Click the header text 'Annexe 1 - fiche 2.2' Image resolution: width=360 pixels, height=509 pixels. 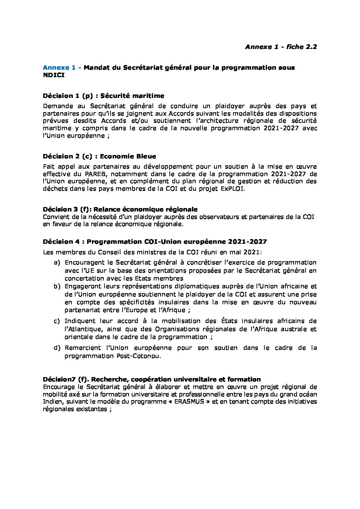coord(281,47)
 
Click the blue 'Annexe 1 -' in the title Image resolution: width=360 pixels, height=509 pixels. coord(62,67)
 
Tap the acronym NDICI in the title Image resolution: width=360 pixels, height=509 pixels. coord(53,75)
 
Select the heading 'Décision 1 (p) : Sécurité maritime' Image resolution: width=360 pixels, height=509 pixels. coord(103,96)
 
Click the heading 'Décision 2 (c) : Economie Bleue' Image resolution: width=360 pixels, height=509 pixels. coord(99,156)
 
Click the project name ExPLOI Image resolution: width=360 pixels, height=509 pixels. coord(232,189)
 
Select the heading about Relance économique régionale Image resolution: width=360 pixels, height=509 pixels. coord(120,209)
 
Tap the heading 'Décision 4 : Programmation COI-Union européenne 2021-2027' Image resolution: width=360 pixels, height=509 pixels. coord(155,242)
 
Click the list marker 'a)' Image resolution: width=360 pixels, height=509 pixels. coord(56,263)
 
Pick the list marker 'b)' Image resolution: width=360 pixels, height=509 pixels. coord(56,286)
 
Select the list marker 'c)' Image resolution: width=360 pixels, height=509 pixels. coord(56,321)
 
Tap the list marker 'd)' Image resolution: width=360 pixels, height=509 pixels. coord(56,348)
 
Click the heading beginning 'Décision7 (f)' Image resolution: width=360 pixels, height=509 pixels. coord(152,379)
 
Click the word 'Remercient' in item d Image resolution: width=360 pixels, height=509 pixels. coord(83,348)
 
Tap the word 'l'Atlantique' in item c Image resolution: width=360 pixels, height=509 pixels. coord(83,329)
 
